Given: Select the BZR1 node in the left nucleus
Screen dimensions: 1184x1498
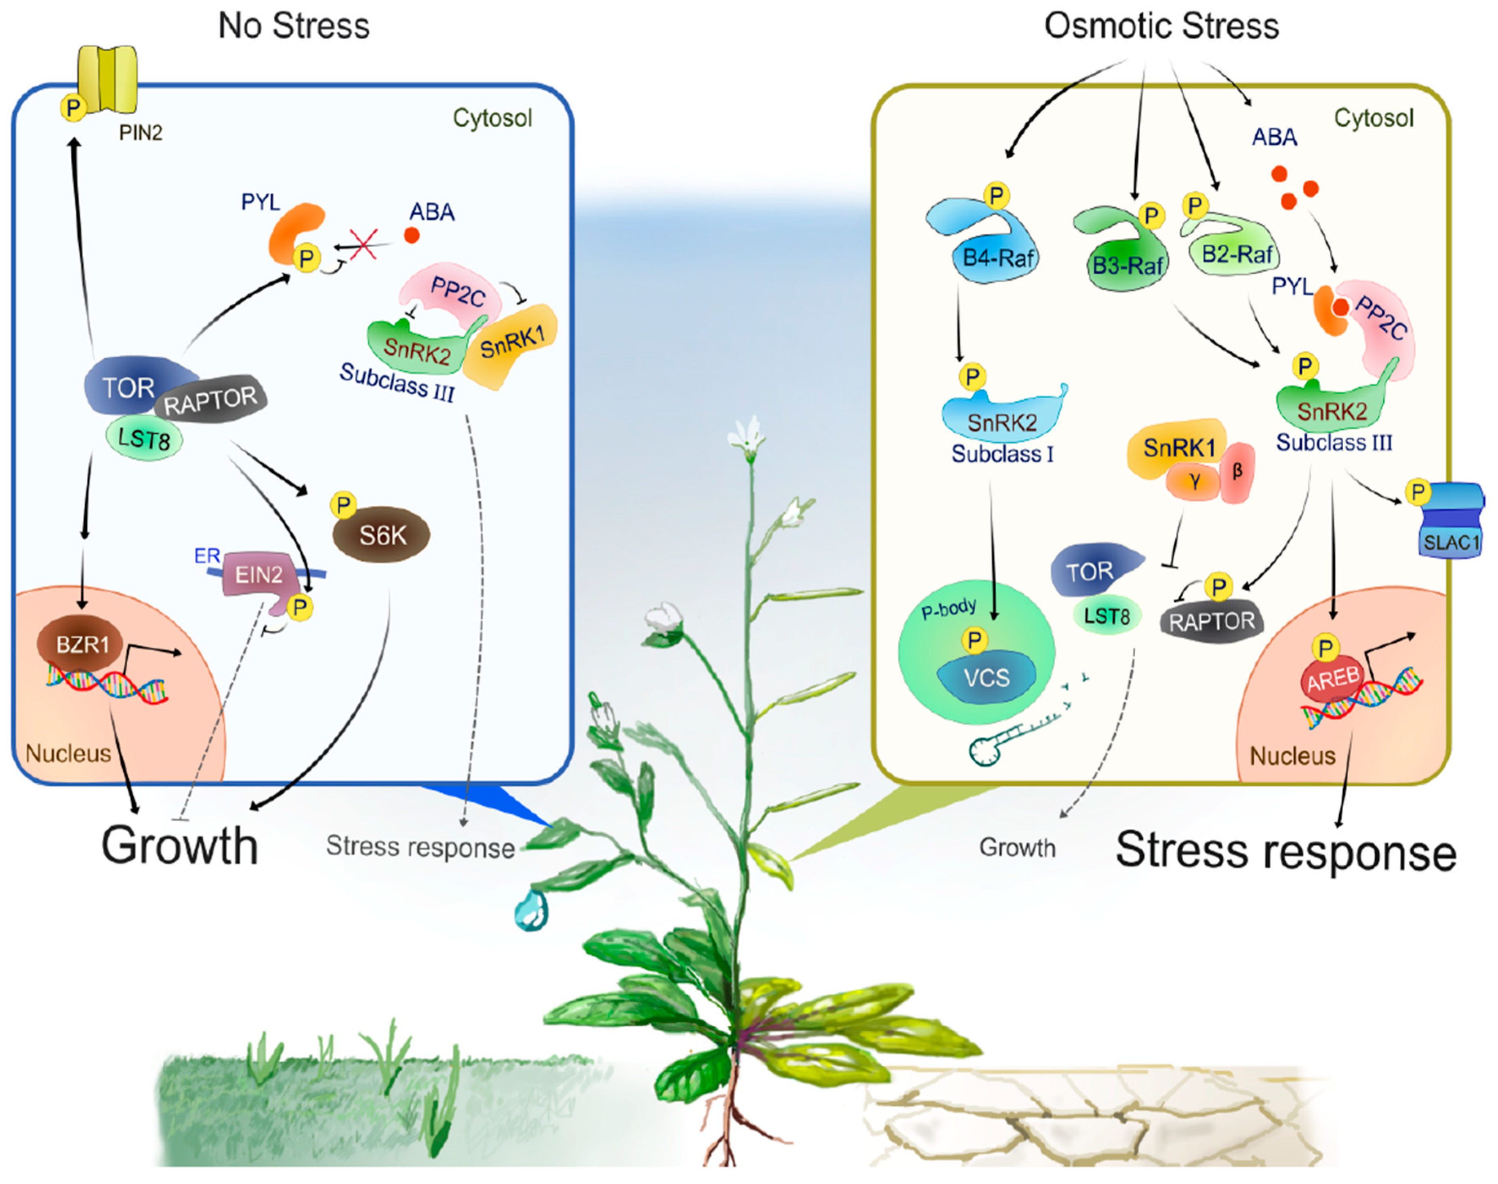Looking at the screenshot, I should (82, 645).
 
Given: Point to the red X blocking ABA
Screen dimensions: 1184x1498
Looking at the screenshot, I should (363, 244).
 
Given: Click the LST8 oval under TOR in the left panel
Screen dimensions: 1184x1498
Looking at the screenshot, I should (144, 439).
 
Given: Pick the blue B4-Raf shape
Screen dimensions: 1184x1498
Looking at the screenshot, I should (991, 250).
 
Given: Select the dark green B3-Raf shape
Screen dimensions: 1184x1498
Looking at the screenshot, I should (1123, 257).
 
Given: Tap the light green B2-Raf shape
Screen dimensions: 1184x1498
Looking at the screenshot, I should (1234, 250).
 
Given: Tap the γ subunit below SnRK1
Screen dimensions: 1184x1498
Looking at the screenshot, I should (1194, 482).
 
